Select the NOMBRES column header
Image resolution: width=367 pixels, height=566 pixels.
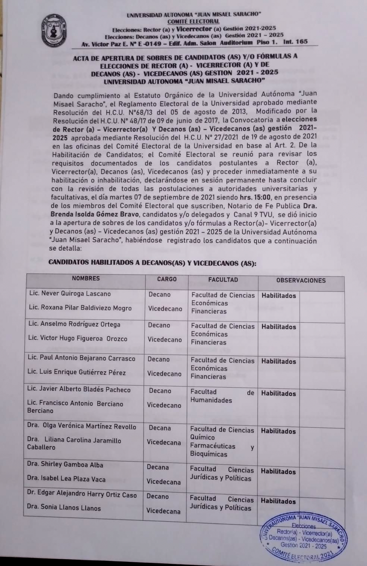pyautogui.click(x=86, y=278)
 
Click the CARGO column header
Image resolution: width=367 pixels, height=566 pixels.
pyautogui.click(x=167, y=279)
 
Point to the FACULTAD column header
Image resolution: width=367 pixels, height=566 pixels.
pyautogui.click(x=223, y=279)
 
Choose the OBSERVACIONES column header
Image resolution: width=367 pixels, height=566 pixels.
pyautogui.click(x=301, y=281)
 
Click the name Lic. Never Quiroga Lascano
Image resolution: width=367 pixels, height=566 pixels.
pyautogui.click(x=70, y=294)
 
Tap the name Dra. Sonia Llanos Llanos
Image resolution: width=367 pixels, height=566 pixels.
pyautogui.click(x=64, y=508)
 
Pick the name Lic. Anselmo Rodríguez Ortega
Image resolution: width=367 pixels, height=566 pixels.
pyautogui.click(x=74, y=324)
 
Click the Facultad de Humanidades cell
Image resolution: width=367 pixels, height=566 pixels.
pyautogui.click(x=222, y=396)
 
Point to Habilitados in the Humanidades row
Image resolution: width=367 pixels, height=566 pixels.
pyautogui.click(x=278, y=393)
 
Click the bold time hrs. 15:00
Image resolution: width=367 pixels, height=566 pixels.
pyautogui.click(x=257, y=197)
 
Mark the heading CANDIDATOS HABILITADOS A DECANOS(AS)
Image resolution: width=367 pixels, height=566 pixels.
pyautogui.click(x=153, y=263)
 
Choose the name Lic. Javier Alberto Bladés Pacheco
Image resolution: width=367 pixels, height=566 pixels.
pyautogui.click(x=79, y=390)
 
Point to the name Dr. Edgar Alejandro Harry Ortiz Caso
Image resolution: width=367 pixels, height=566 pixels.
pyautogui.click(x=82, y=495)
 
